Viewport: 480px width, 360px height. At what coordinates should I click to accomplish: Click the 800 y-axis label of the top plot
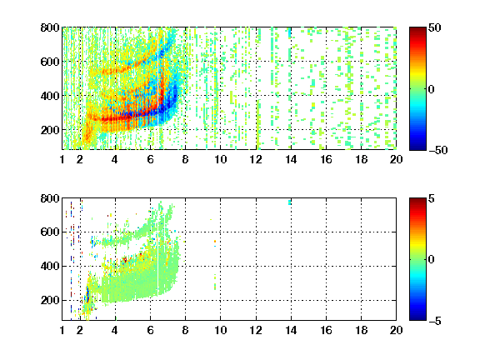[50, 27]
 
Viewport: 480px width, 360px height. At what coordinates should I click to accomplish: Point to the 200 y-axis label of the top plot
[50, 130]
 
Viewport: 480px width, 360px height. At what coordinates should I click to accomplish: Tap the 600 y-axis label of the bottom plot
[50, 232]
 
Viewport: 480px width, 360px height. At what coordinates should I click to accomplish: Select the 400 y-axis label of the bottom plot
[50, 266]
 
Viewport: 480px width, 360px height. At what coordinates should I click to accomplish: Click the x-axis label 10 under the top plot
[220, 159]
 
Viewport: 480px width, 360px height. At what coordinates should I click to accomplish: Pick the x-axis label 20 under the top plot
[396, 159]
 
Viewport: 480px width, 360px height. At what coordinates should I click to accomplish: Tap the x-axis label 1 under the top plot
[62, 159]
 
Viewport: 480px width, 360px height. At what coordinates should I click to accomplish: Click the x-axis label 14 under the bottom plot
[291, 330]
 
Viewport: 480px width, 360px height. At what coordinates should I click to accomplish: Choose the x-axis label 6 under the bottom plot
[150, 330]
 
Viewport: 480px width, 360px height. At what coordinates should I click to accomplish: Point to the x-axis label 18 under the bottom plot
[361, 330]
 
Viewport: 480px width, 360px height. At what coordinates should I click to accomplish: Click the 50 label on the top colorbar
[435, 27]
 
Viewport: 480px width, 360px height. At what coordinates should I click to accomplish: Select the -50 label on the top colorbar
[438, 150]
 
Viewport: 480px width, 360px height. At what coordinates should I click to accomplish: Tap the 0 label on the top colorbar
[432, 89]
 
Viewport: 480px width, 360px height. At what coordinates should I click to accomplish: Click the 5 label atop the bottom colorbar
[432, 198]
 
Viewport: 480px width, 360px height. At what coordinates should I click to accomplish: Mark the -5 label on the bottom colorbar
[435, 321]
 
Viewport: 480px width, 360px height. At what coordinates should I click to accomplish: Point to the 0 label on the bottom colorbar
[432, 260]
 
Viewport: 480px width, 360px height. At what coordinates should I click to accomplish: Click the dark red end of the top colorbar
[417, 30]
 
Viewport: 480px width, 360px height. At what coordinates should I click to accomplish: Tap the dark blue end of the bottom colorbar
[417, 317]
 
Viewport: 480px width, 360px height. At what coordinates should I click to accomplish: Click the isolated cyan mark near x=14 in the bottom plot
[290, 202]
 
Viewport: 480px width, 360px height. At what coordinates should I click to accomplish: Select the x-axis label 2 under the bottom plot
[80, 330]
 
